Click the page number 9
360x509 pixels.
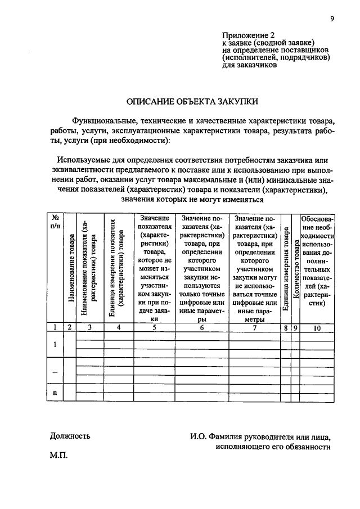(332, 19)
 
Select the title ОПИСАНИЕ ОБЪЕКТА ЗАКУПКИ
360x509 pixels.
(192, 102)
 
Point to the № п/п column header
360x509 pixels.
(55, 222)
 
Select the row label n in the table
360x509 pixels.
(55, 393)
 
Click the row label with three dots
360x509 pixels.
(55, 371)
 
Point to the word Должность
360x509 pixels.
(70, 435)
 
